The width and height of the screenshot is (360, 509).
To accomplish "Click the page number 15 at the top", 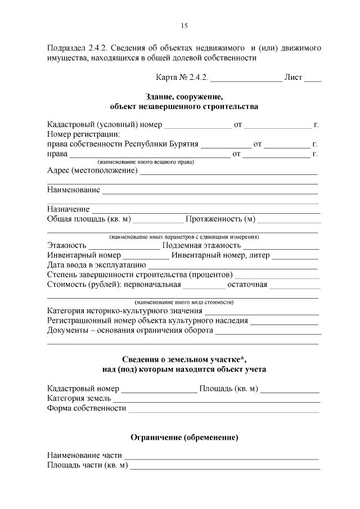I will point(184,26).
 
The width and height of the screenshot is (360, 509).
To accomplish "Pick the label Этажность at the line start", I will point(67,246).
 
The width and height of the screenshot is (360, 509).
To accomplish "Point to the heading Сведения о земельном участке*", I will point(184,359).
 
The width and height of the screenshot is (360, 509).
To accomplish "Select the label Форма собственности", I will point(87,408).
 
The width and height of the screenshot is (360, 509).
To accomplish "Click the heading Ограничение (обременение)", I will point(184,437).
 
